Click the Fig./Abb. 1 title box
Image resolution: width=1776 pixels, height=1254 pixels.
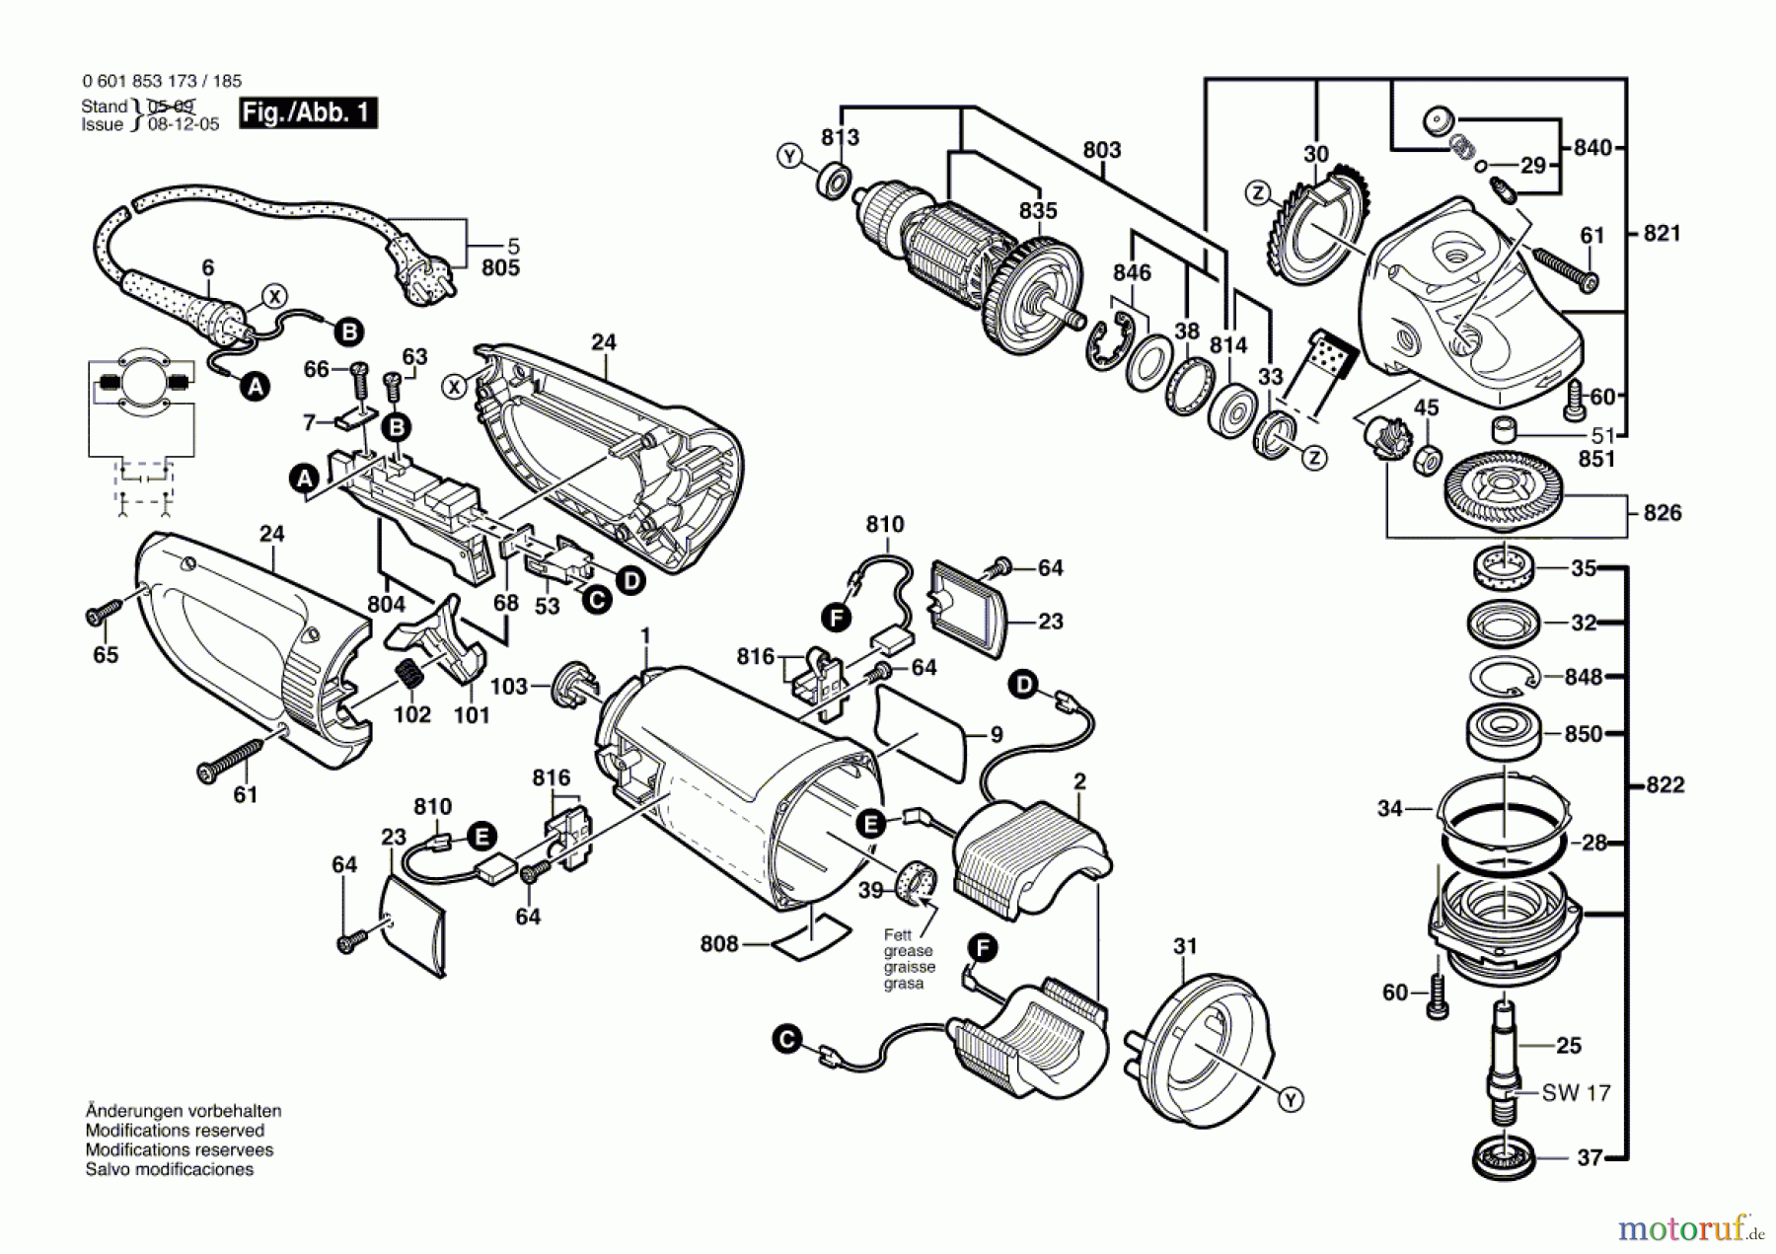pyautogui.click(x=308, y=112)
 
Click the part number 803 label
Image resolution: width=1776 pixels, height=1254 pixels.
pyautogui.click(x=1101, y=150)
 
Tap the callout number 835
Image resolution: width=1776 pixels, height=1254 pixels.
pyautogui.click(x=1038, y=210)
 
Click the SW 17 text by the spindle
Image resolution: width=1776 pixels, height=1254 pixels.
pyautogui.click(x=1576, y=1092)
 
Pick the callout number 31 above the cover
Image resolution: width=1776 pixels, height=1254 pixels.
pyautogui.click(x=1185, y=946)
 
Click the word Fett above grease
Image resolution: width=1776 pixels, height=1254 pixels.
pyautogui.click(x=898, y=934)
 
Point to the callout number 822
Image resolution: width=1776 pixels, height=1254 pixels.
pyautogui.click(x=1665, y=784)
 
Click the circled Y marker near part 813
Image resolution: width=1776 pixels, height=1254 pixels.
pyautogui.click(x=789, y=156)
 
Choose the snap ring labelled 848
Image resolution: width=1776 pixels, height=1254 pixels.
pyautogui.click(x=1505, y=678)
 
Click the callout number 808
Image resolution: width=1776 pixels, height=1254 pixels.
pyautogui.click(x=719, y=944)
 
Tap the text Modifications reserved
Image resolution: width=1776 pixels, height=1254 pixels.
pyautogui.click(x=175, y=1131)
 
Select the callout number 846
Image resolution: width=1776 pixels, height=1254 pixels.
pyautogui.click(x=1132, y=272)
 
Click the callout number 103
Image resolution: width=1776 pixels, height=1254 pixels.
pyautogui.click(x=509, y=686)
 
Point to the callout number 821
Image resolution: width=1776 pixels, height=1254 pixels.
pyautogui.click(x=1662, y=233)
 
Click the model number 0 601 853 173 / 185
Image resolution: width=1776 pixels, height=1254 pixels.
pyautogui.click(x=162, y=81)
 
